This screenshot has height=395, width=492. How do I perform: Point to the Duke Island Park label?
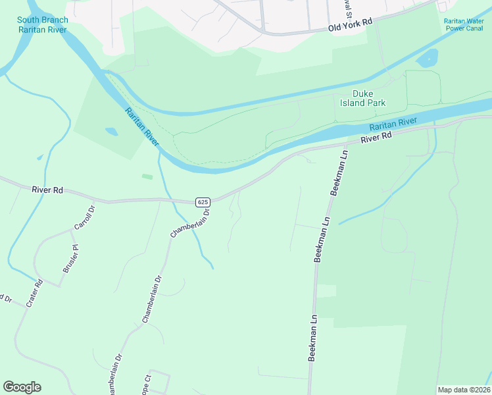(x=362, y=98)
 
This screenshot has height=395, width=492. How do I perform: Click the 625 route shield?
(x=202, y=201)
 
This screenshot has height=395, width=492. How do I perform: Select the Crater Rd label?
(x=35, y=293)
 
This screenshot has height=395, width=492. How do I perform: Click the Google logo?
(x=22, y=386)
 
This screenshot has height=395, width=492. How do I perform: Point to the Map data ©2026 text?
(x=463, y=390)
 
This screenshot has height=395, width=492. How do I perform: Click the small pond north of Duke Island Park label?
(x=428, y=58)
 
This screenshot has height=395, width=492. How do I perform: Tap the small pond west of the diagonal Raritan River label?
(x=112, y=132)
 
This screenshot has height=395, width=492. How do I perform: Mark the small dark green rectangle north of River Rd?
(x=147, y=176)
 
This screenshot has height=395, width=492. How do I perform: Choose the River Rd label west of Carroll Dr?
(x=47, y=190)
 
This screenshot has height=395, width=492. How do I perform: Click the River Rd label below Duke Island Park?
(x=376, y=138)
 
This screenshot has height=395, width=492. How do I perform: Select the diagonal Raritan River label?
(x=141, y=128)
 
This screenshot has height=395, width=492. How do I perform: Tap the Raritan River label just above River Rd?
(x=393, y=123)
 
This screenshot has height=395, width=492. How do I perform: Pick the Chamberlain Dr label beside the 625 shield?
(x=189, y=223)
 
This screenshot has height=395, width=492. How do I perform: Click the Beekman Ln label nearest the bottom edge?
(x=313, y=337)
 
